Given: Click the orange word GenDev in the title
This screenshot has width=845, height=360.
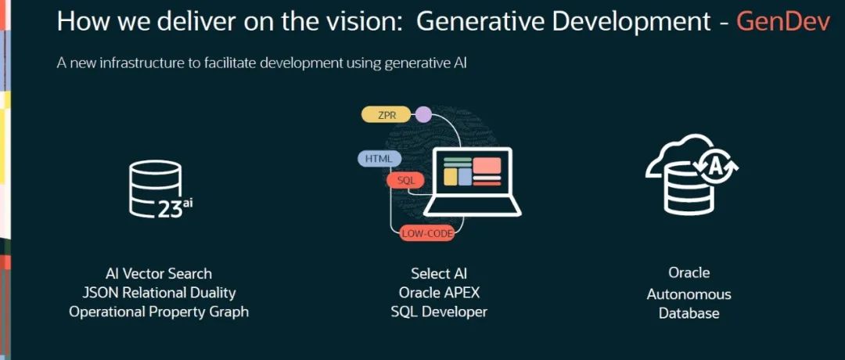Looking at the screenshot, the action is pyautogui.click(x=783, y=22).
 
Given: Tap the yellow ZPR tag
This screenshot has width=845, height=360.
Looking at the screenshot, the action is pyautogui.click(x=387, y=115).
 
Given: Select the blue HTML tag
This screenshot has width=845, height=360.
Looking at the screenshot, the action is pyautogui.click(x=379, y=159).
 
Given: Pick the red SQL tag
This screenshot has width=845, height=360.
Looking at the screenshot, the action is pyautogui.click(x=405, y=181).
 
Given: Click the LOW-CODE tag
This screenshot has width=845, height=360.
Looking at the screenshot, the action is pyautogui.click(x=427, y=233).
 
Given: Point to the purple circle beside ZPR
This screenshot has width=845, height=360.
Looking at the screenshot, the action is pyautogui.click(x=423, y=115).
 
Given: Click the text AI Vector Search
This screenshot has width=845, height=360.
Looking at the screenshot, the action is pyautogui.click(x=159, y=273).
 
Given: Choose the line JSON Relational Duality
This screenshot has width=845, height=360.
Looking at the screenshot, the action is pyautogui.click(x=159, y=293).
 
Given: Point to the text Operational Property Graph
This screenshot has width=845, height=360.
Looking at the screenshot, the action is pyautogui.click(x=159, y=311).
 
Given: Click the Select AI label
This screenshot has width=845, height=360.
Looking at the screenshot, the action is pyautogui.click(x=439, y=273).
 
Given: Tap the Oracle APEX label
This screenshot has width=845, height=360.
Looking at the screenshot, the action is pyautogui.click(x=439, y=293).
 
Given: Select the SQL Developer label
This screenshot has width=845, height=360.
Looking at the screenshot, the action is pyautogui.click(x=439, y=311).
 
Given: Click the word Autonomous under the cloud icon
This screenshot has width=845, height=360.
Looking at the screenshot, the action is pyautogui.click(x=689, y=294).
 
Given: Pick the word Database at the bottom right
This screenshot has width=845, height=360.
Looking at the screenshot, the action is pyautogui.click(x=689, y=313).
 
